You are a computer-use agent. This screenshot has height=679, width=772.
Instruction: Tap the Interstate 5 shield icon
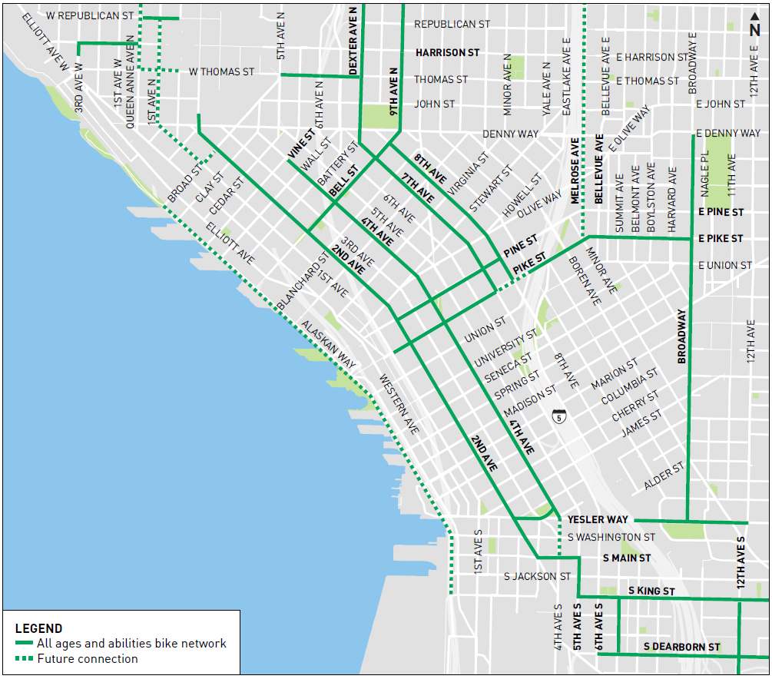pos(559,417)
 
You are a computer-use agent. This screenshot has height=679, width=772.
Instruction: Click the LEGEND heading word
pos(38,628)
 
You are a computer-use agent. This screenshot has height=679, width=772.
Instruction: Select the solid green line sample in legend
pos(25,644)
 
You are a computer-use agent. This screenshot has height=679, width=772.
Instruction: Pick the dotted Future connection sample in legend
pos(25,659)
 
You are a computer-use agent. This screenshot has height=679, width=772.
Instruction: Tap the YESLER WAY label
pos(598,520)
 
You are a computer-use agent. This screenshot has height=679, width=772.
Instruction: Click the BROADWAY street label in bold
pos(681,336)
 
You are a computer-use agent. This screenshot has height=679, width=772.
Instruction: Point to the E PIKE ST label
pos(721,239)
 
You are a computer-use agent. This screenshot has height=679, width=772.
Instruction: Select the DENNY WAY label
pos(510,134)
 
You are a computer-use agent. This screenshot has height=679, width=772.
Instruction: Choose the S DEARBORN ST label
pos(681,648)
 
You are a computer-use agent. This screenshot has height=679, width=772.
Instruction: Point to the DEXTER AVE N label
pos(353,41)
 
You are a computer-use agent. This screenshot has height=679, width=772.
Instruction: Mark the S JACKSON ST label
pos(537,576)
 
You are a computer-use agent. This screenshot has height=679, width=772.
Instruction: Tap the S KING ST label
pos(651,591)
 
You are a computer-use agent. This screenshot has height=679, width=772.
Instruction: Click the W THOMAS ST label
pos(221,72)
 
